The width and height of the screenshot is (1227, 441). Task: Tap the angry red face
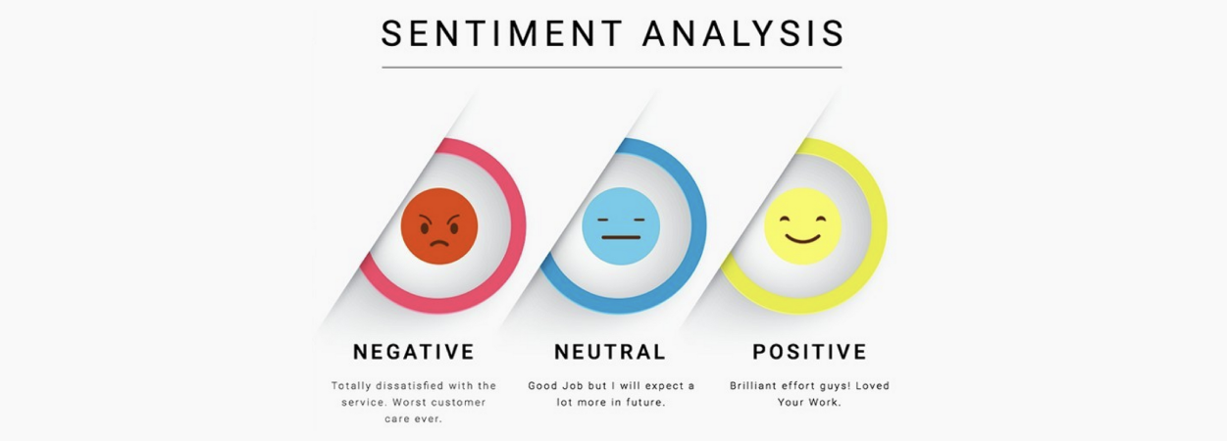tap(439, 226)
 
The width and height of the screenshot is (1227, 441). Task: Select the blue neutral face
tap(621, 226)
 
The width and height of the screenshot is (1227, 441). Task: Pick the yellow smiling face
tap(802, 226)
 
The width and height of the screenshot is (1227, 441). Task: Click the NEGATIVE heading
tap(414, 351)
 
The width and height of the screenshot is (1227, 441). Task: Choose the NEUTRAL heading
tap(610, 351)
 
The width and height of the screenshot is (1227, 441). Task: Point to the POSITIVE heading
tap(809, 351)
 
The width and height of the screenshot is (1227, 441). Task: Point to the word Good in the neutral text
tap(541, 386)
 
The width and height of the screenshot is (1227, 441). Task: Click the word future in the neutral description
tap(646, 402)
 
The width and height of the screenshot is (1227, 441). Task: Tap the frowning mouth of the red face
tap(439, 243)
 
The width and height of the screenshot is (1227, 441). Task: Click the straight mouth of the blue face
tap(621, 237)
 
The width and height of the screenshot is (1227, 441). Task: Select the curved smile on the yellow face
tap(802, 238)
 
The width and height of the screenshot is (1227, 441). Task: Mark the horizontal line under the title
tap(612, 68)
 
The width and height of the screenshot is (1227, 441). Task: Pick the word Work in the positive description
tap(825, 402)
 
